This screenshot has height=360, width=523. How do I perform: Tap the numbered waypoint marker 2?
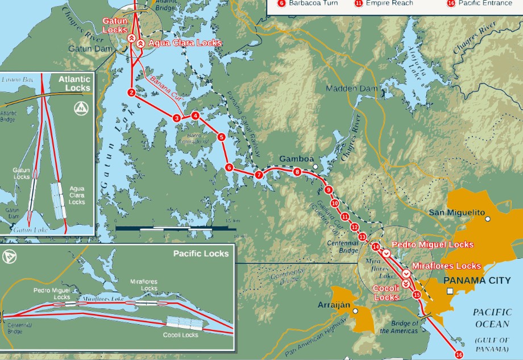coord(131,92)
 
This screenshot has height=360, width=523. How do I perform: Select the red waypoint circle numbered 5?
coord(221,137)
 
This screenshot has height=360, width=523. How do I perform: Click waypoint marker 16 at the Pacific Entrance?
coord(459,354)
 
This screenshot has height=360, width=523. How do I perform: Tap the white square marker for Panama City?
coord(450,291)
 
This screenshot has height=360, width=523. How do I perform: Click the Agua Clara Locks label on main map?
coord(184,43)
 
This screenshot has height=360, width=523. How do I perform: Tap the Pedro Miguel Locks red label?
coord(433,245)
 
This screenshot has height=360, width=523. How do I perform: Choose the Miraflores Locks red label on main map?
coord(446,266)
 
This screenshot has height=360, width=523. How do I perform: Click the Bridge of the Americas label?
coord(399,327)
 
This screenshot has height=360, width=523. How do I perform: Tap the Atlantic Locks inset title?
coord(74,84)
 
